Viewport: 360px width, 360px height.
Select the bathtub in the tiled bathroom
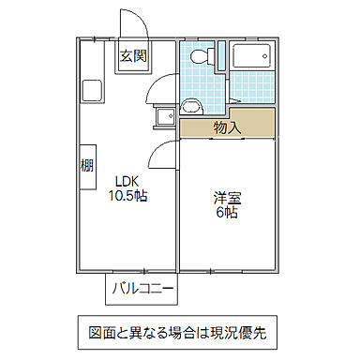(251, 58)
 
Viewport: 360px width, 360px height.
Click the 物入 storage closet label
(228, 125)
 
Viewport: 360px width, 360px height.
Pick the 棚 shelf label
(84, 166)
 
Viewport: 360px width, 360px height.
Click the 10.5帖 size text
(127, 197)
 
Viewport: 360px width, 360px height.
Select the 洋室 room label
(225, 198)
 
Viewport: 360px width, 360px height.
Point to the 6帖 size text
(225, 213)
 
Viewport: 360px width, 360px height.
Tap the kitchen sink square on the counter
(94, 92)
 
